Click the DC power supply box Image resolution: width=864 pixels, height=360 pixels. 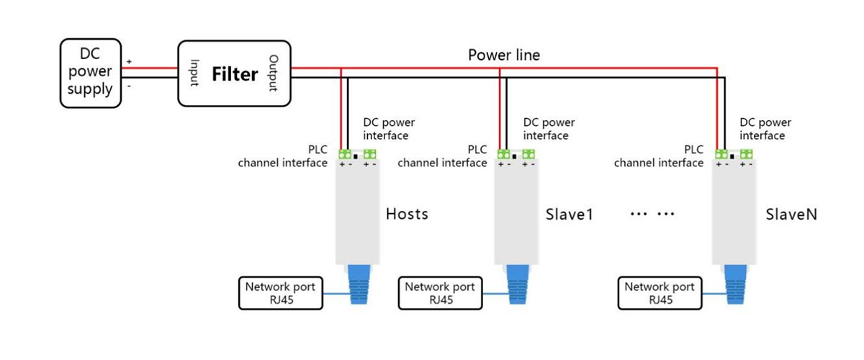[x=90, y=73]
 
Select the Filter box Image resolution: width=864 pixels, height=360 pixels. [x=234, y=73]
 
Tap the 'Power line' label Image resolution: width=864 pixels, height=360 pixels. [x=503, y=55]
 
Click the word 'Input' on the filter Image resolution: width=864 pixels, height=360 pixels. [x=194, y=73]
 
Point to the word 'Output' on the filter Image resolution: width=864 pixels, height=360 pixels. [x=274, y=73]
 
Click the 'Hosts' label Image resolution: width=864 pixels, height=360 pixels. [x=407, y=214]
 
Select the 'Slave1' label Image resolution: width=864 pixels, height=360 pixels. [x=569, y=215]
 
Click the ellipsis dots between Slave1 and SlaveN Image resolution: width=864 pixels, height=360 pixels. [x=651, y=215]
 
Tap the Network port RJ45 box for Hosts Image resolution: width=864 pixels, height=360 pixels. [x=280, y=293]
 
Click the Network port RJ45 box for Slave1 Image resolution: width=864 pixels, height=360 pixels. [x=440, y=293]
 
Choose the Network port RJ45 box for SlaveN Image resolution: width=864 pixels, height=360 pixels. [x=660, y=293]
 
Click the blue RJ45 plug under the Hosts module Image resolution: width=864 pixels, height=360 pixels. [x=360, y=285]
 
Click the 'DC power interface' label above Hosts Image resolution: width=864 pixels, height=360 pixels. [x=390, y=129]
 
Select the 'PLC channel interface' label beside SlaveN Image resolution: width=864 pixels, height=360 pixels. [x=659, y=156]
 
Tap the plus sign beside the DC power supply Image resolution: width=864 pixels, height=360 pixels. [x=129, y=62]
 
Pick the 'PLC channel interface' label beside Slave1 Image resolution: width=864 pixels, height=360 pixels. [x=442, y=156]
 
